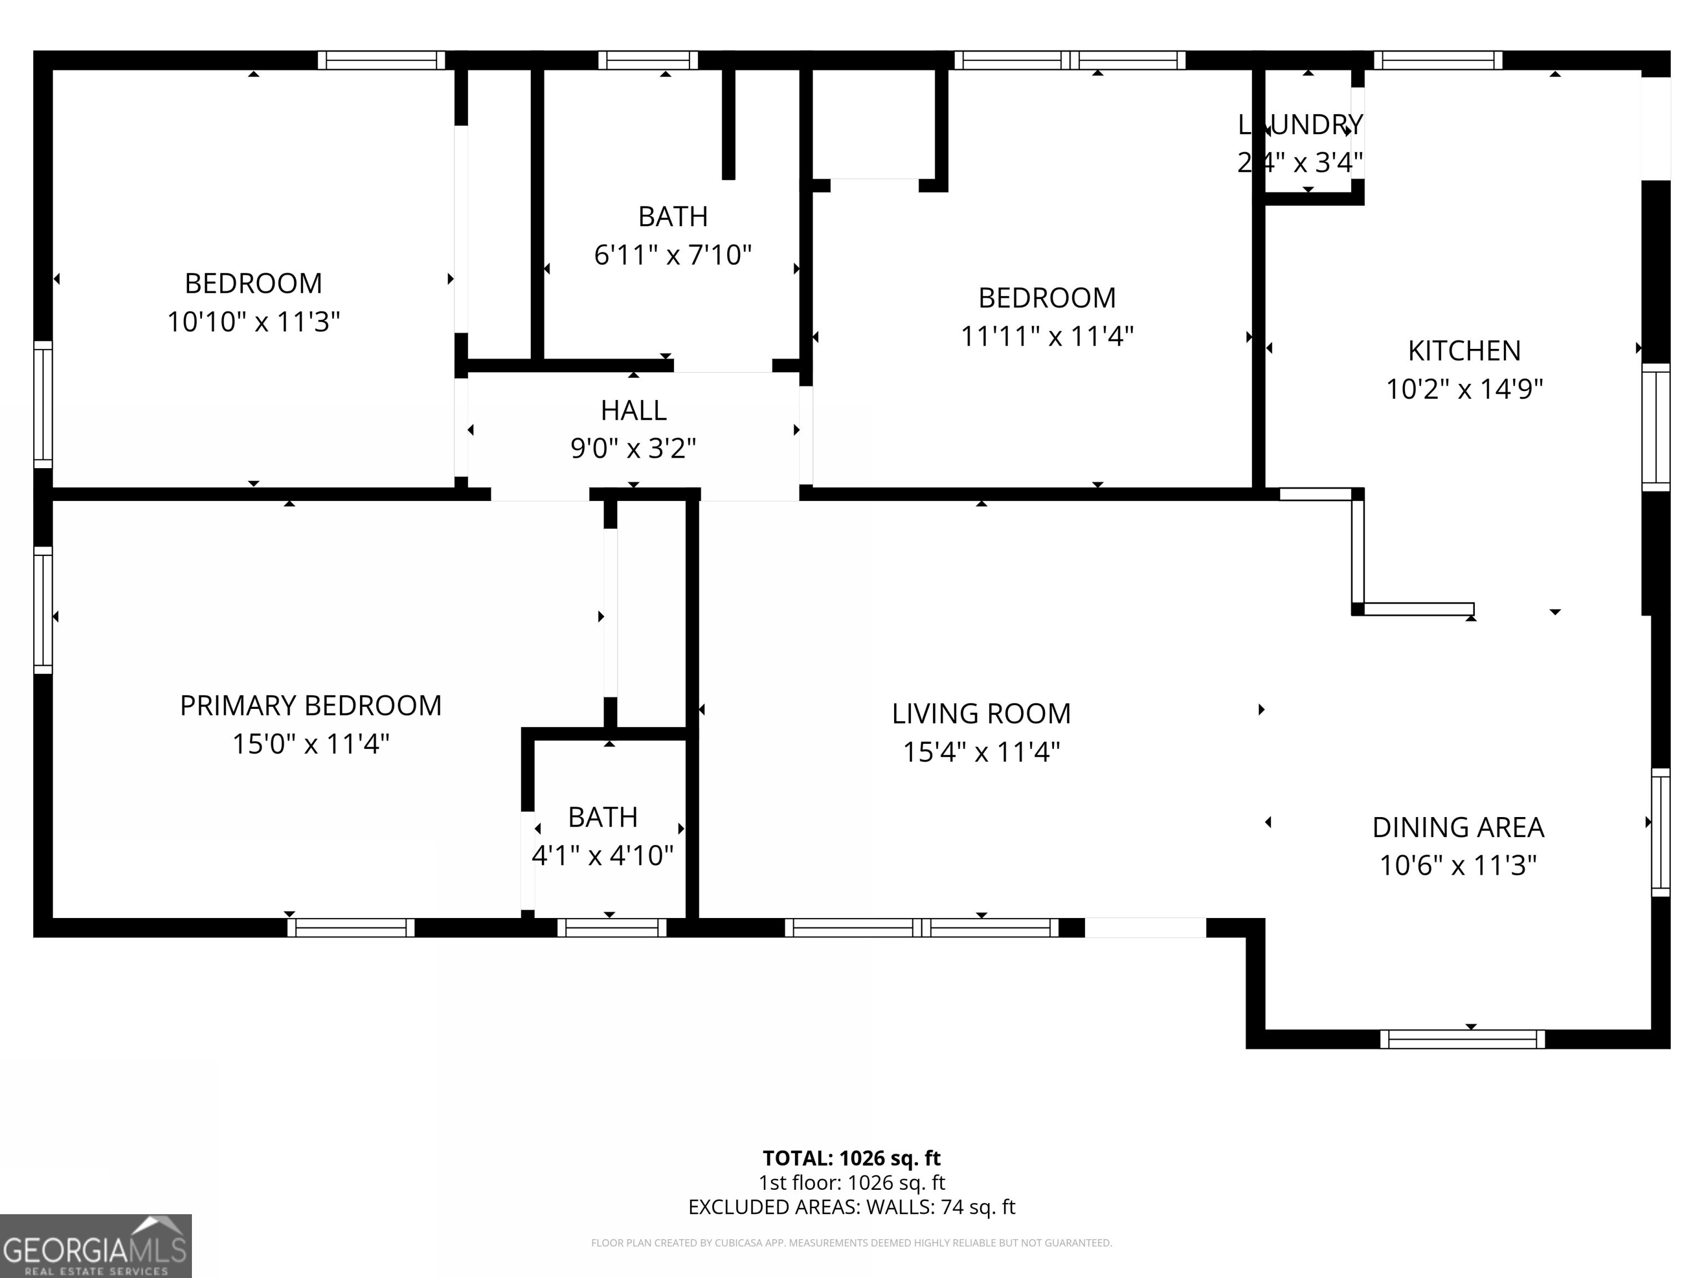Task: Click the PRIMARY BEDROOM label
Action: click(x=311, y=706)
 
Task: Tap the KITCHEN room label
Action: click(x=1464, y=351)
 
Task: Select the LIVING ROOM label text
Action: click(x=981, y=714)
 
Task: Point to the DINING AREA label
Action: click(x=1458, y=828)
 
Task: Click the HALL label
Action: click(x=633, y=410)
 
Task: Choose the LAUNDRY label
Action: click(x=1300, y=125)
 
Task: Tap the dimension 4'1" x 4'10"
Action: click(x=602, y=856)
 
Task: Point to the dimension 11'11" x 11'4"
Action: click(x=1047, y=337)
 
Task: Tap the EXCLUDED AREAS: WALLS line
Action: click(x=851, y=1207)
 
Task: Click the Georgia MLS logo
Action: click(x=95, y=1246)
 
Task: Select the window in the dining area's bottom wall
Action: click(x=1462, y=1039)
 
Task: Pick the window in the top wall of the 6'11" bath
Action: click(x=648, y=60)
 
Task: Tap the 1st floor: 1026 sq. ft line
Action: click(x=851, y=1183)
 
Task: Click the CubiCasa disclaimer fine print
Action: click(x=851, y=1242)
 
